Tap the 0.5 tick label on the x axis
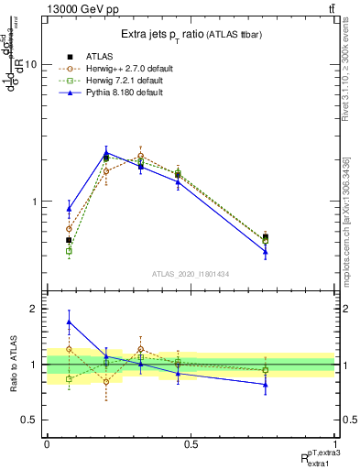pyautogui.click(x=191, y=444)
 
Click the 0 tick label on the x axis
pyautogui.click(x=47, y=444)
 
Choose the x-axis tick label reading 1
pyautogui.click(x=334, y=444)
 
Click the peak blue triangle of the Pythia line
pyautogui.click(x=106, y=154)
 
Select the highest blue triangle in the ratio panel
pyautogui.click(x=69, y=322)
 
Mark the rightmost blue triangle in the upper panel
pyautogui.click(x=266, y=252)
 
